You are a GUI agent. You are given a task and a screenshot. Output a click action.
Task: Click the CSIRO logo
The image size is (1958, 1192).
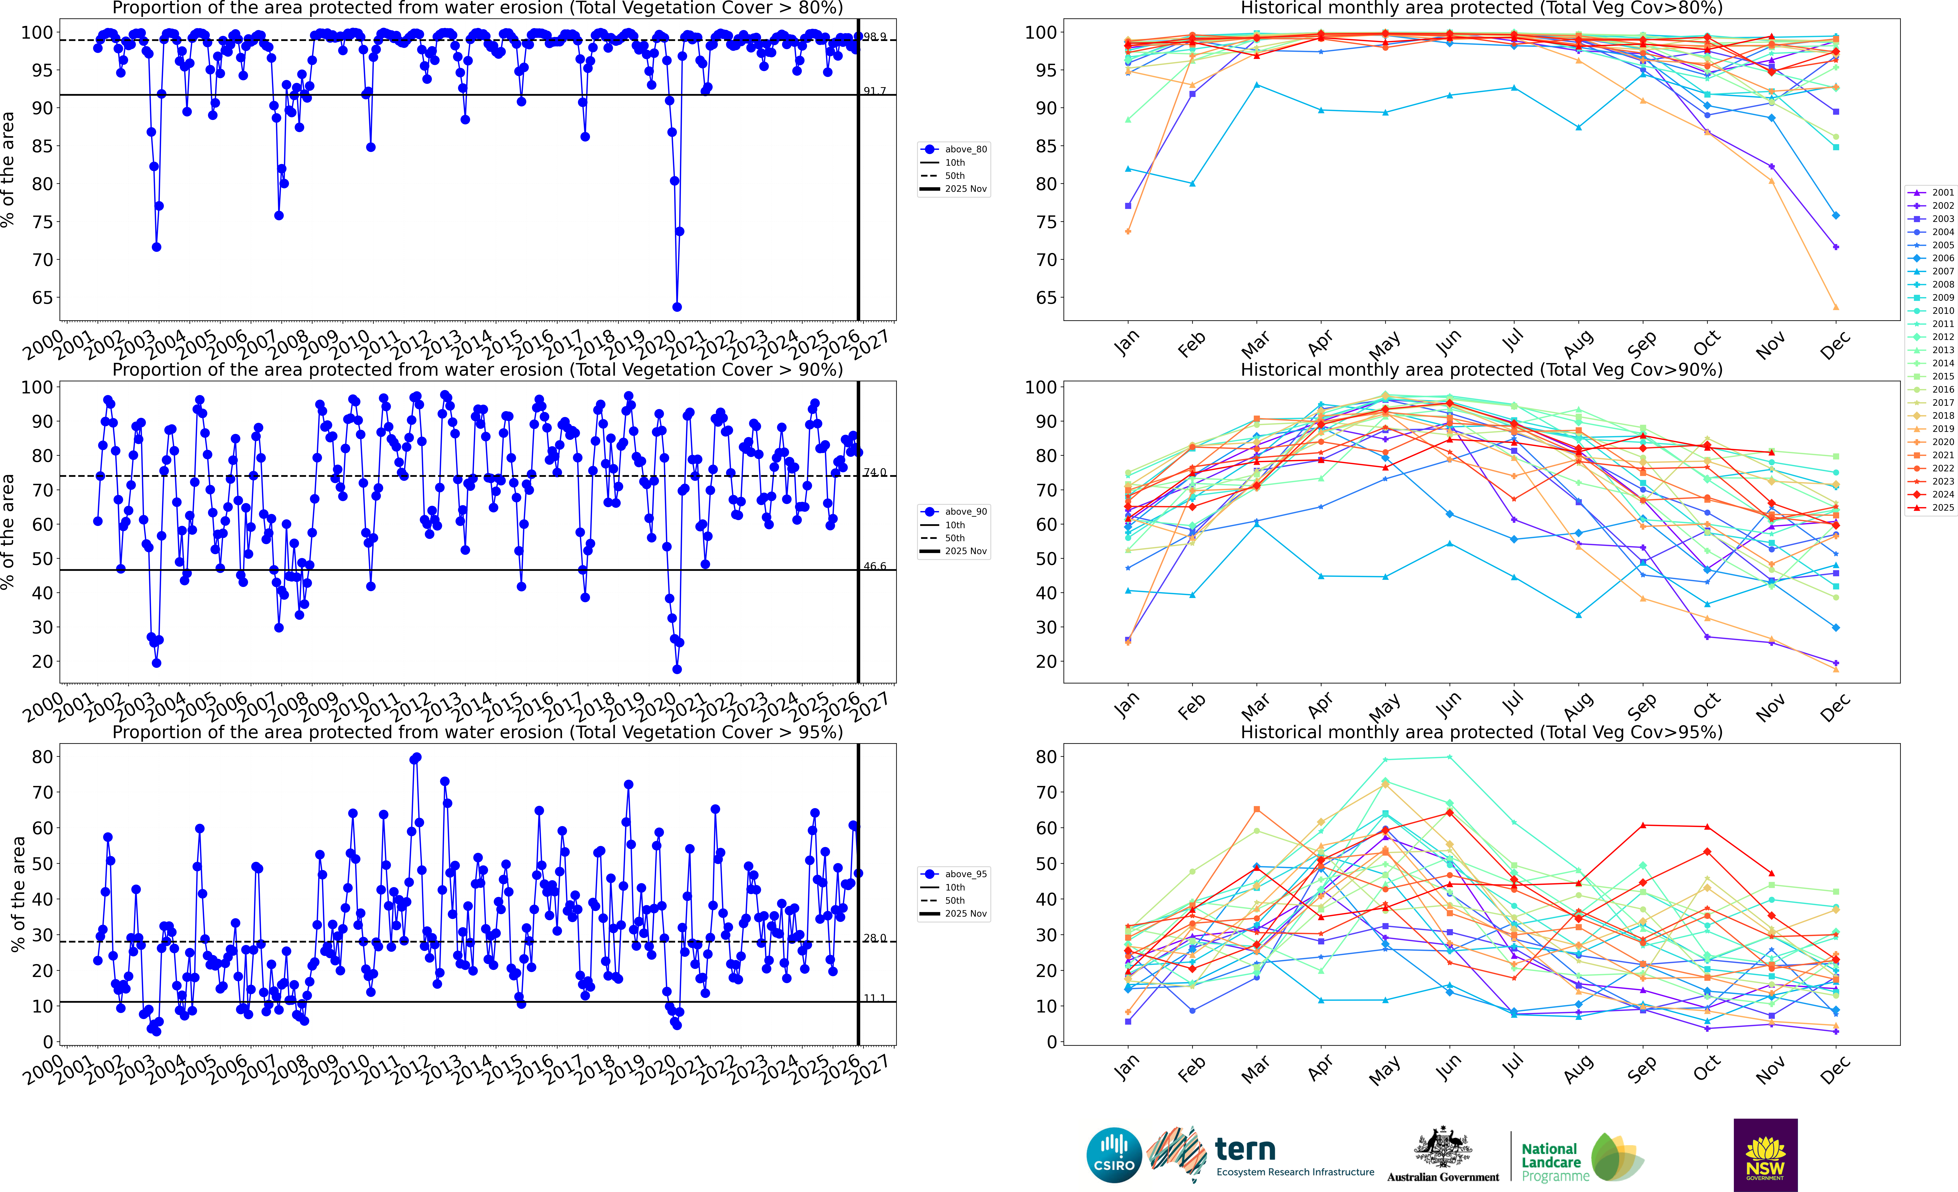tap(1114, 1155)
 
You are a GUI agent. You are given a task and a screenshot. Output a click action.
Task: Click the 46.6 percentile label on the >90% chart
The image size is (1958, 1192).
tap(875, 566)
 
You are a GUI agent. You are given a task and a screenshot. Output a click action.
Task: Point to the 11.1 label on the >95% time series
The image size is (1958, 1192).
tap(875, 998)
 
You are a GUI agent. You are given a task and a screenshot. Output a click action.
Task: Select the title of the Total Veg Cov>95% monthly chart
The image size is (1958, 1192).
tap(1481, 732)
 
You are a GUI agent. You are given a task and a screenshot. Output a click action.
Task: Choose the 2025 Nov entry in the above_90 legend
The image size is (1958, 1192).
tap(965, 551)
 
